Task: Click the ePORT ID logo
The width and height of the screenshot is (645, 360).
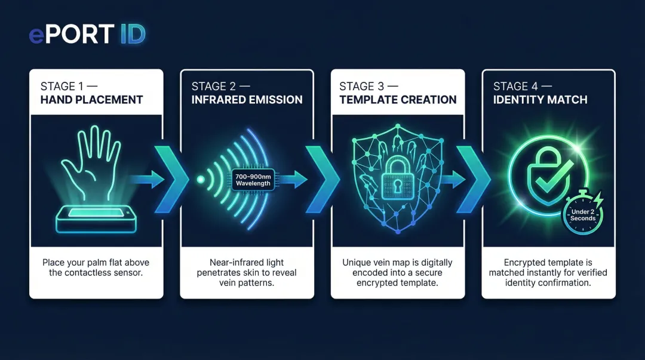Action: (x=87, y=34)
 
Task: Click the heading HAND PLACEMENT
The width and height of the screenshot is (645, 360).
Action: (x=92, y=100)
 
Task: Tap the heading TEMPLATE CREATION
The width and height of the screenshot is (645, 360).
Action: (x=398, y=100)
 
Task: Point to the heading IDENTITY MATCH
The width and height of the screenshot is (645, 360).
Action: (x=540, y=100)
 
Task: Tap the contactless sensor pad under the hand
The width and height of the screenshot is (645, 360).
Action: (x=96, y=219)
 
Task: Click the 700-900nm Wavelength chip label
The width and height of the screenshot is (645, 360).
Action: (x=253, y=180)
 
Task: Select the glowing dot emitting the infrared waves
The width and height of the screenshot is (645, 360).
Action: (x=201, y=179)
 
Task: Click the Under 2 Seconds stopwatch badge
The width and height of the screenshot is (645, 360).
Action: (x=582, y=213)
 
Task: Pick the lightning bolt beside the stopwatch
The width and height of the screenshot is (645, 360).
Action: (x=598, y=199)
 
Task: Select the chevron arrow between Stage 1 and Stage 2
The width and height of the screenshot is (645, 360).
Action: (x=171, y=179)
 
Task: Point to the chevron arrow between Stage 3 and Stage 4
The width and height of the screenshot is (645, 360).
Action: (x=473, y=179)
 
